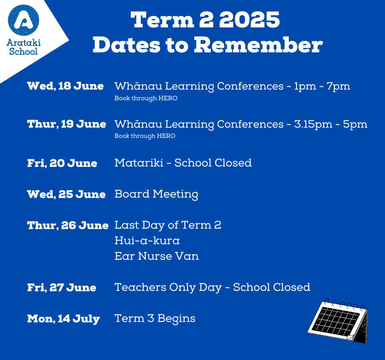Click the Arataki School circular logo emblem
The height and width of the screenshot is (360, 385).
coord(24,20)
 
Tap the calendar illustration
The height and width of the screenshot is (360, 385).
coord(337,321)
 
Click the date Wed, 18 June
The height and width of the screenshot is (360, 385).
coord(65,86)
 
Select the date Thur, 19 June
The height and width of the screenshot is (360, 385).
coord(66,124)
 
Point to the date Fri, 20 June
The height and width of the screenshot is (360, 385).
coord(62,163)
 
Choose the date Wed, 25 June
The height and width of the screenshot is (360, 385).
coord(66,194)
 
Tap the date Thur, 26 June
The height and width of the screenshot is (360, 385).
coord(68,225)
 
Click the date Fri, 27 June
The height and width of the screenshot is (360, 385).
coord(61,288)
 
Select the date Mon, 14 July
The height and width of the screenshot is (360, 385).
coord(63,319)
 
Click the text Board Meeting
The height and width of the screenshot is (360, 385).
coord(156,194)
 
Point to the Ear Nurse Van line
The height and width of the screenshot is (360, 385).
coord(156,256)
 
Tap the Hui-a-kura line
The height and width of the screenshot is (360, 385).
coord(147,240)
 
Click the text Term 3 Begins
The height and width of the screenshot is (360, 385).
coord(155,319)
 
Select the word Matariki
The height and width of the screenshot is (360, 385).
coord(139,163)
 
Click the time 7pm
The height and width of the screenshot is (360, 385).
coord(338,87)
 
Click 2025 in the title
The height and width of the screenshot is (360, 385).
coord(249,20)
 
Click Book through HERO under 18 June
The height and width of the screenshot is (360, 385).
coord(146,98)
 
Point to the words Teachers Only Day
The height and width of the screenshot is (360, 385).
coord(168,288)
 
